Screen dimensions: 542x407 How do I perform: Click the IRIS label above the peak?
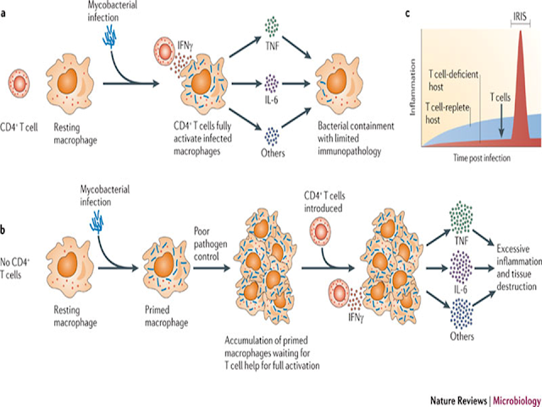521,17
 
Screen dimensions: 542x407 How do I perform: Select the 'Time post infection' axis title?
482,159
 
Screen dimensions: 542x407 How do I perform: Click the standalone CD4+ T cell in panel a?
19,83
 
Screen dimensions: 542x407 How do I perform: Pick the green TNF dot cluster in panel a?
272,26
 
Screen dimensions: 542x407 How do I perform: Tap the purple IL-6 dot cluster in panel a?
272,83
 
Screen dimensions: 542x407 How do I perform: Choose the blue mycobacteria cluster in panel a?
110,37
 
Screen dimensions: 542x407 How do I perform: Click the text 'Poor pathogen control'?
210,243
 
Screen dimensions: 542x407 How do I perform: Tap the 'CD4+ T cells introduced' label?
324,202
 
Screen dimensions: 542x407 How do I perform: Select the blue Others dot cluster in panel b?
462,314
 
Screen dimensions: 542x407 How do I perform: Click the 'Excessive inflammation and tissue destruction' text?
519,268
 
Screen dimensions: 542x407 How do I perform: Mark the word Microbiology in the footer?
517,401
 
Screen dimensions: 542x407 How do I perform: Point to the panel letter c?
408,14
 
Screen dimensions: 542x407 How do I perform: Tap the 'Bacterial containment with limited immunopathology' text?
356,138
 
